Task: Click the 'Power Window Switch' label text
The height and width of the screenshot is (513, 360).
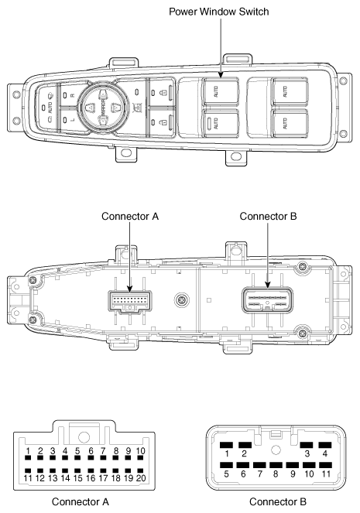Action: (x=218, y=12)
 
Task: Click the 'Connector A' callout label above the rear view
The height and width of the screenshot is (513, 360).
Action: (x=130, y=217)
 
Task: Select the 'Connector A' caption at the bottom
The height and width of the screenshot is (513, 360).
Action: (x=81, y=501)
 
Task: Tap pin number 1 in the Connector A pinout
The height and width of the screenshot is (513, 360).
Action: (x=28, y=451)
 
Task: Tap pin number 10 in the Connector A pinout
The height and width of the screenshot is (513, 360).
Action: (x=140, y=451)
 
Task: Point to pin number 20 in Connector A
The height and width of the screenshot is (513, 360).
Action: (x=140, y=479)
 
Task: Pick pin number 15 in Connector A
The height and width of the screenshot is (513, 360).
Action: (x=78, y=479)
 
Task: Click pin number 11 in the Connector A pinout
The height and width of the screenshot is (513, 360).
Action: (x=28, y=479)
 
